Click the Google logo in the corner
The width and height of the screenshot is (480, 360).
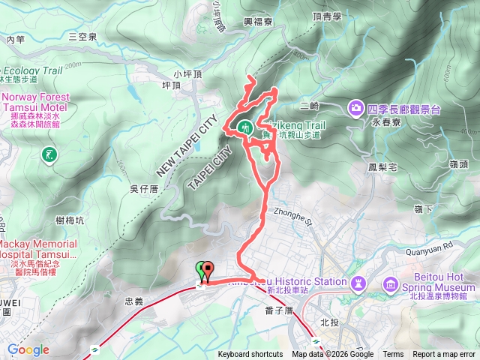(28, 350)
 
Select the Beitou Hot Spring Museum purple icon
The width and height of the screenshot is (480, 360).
(391, 284)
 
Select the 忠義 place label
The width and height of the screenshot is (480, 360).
(133, 300)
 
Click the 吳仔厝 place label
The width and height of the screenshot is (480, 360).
(142, 188)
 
